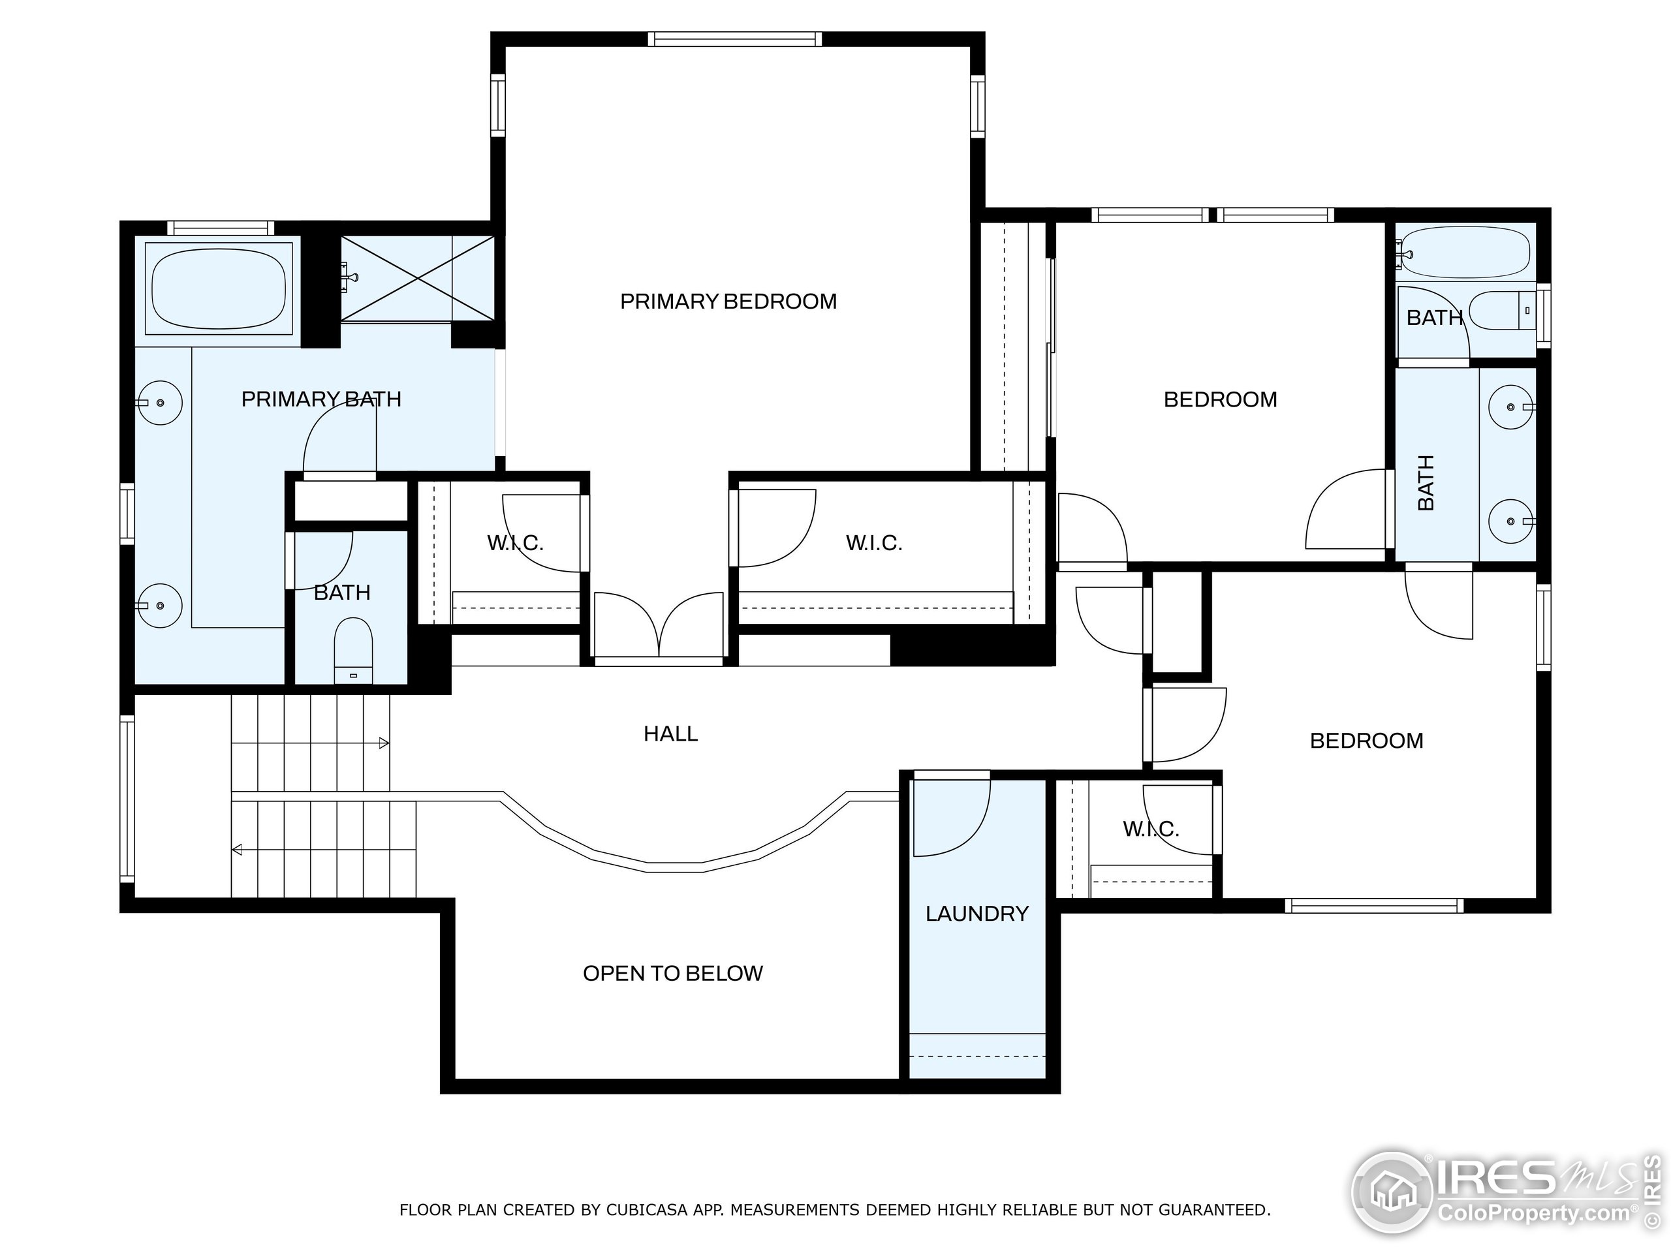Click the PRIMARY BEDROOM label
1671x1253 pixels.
(728, 302)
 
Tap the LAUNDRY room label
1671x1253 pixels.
(976, 914)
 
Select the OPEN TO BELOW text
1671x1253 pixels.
(672, 973)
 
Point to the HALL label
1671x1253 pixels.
(670, 734)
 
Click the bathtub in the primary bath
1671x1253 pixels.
(218, 288)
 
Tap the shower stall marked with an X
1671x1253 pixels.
(418, 278)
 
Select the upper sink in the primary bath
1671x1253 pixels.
(159, 403)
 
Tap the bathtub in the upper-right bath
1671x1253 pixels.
(1465, 254)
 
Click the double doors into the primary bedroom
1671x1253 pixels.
(659, 625)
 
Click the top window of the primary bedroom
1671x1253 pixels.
(734, 39)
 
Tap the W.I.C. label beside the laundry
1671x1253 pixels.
(1151, 829)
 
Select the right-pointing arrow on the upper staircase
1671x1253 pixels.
(384, 743)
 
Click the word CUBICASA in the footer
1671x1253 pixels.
(646, 1210)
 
